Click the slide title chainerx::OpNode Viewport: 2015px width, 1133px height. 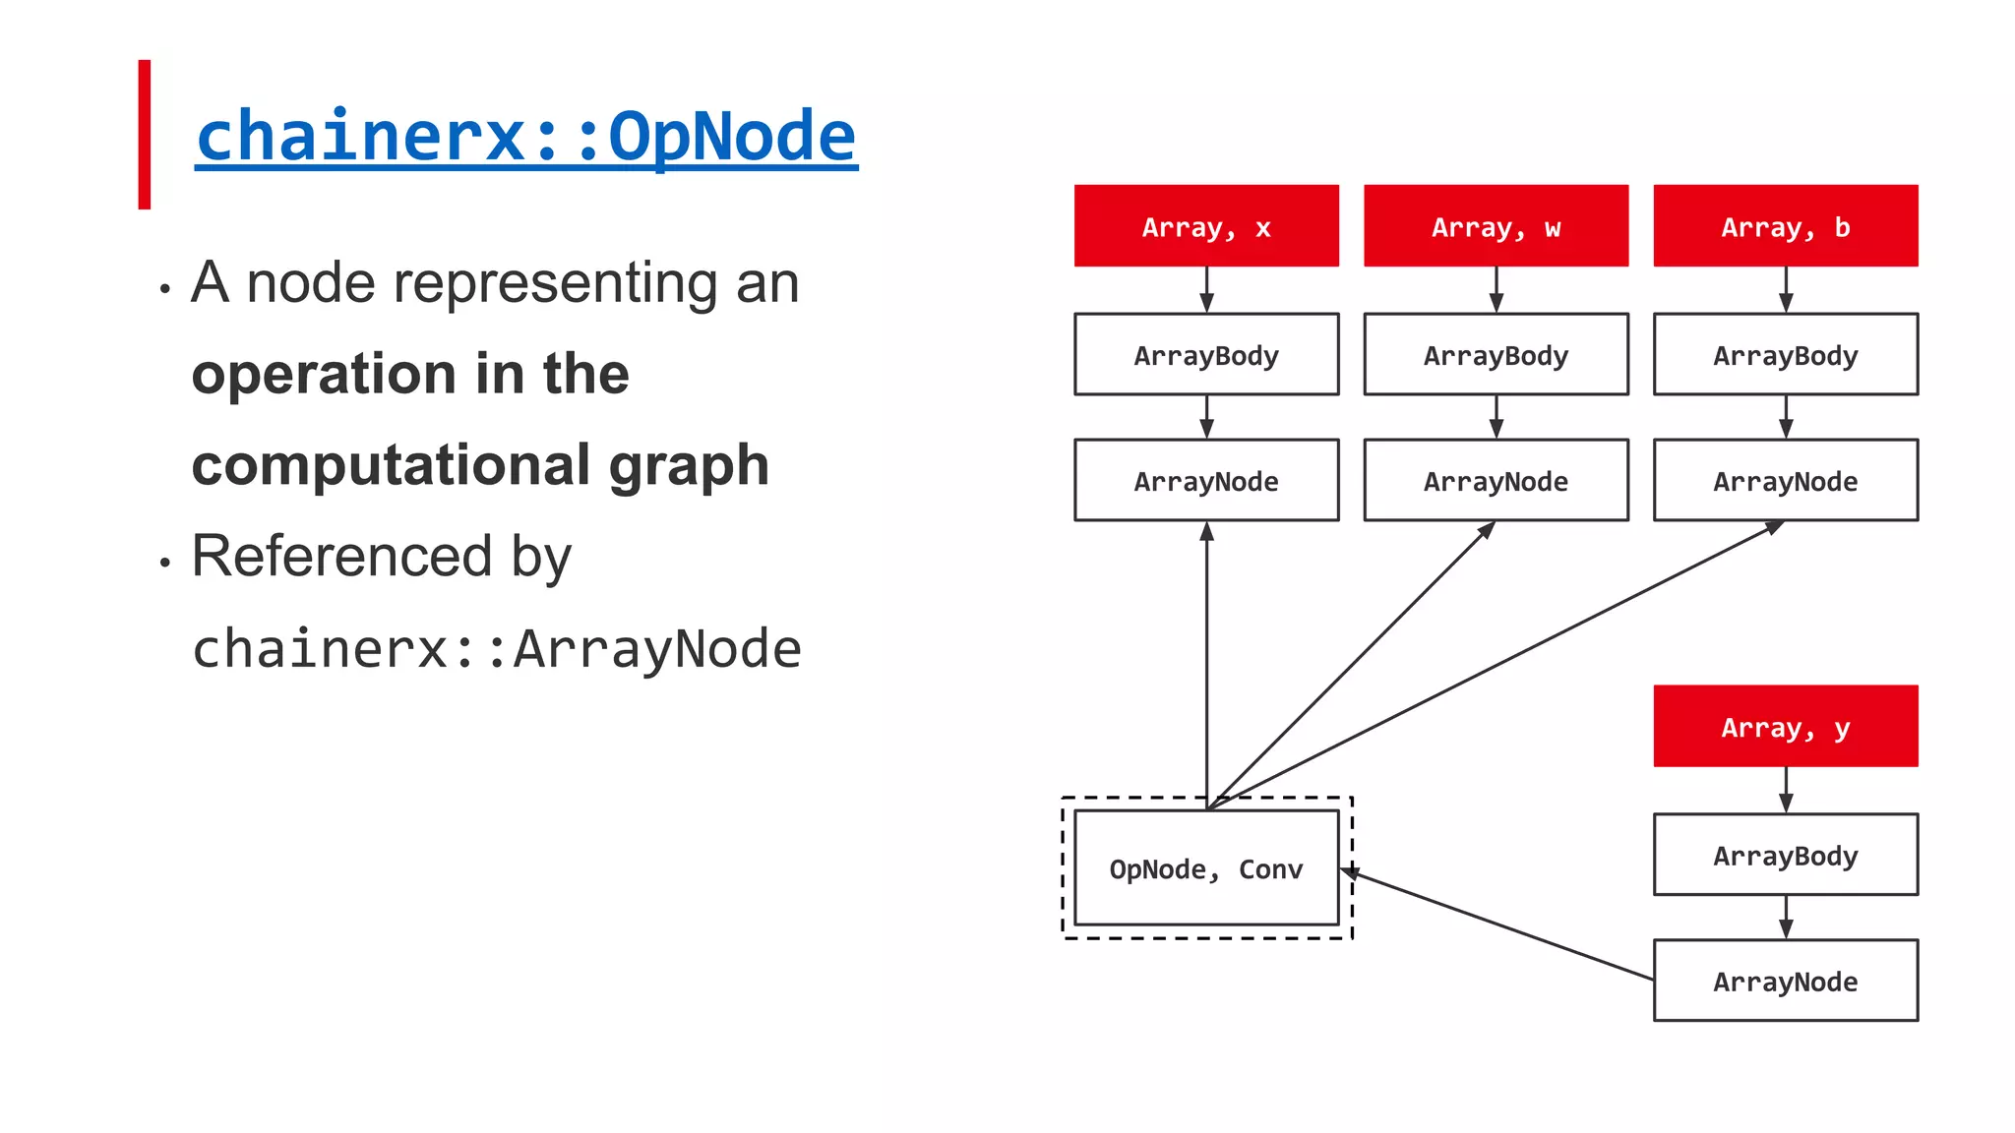pos(526,136)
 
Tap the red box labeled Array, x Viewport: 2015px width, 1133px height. pos(1206,226)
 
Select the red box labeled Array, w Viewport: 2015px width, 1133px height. pos(1496,226)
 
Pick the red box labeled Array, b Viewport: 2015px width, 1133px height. pos(1785,226)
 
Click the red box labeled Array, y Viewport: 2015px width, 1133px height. pos(1785,727)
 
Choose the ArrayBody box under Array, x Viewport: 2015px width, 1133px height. pos(1206,355)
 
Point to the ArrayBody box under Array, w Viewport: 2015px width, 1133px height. pos(1496,355)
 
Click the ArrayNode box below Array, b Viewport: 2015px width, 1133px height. pos(1785,481)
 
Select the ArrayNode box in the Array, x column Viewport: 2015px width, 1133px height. pos(1206,481)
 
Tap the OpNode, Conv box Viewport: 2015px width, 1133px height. pos(1206,868)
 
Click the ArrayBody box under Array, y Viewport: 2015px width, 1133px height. pos(1785,856)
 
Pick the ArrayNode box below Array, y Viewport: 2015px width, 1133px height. pos(1785,981)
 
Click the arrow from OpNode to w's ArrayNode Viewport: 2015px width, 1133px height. pos(1353,664)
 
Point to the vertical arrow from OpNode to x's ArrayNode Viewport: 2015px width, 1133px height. pos(1206,664)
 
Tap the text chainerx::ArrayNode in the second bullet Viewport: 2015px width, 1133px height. pos(497,649)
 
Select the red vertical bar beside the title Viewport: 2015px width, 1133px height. pos(145,135)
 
